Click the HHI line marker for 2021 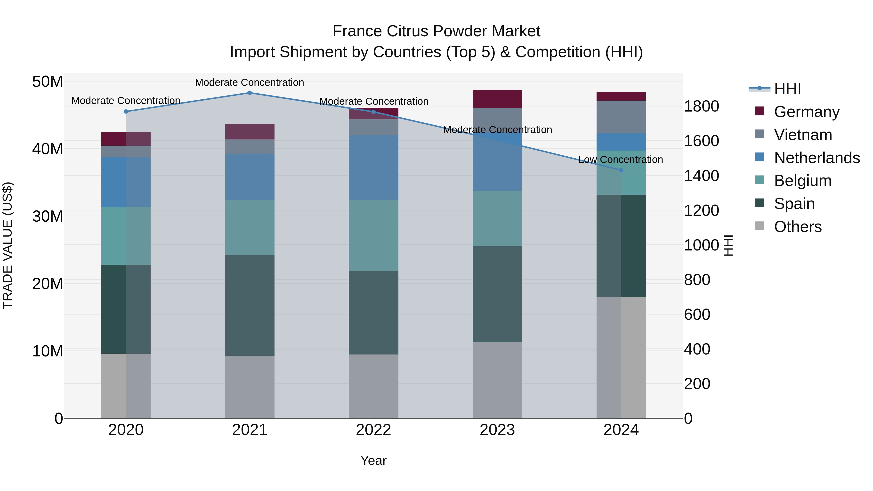point(250,93)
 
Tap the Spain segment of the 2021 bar point(250,305)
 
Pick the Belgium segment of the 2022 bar point(373,235)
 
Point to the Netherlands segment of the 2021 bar point(250,177)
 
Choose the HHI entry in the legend point(787,89)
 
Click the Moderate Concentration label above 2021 point(250,83)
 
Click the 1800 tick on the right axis point(701,106)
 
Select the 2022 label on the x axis point(373,430)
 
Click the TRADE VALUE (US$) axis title point(8,245)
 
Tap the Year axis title point(373,460)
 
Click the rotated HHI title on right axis point(728,245)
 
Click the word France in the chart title point(357,31)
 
